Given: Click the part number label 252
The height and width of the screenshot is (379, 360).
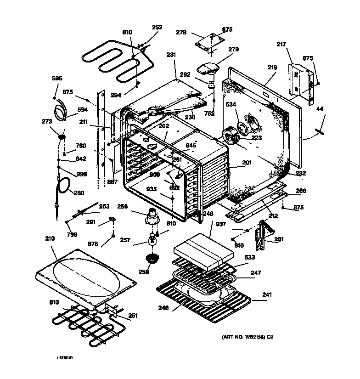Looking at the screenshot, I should (157, 27).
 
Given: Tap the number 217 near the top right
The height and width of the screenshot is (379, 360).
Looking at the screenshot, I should (294, 45).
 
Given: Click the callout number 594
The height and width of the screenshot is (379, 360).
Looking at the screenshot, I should (82, 109).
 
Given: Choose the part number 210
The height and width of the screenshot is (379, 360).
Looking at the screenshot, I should (50, 238).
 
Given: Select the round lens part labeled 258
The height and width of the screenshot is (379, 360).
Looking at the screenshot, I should (150, 258).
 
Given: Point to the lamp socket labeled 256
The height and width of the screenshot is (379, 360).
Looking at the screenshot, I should (151, 216).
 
